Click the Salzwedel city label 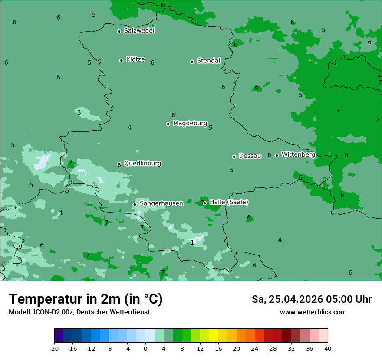coord(139,31)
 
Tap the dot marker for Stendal coord(192,62)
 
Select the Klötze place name coord(135,60)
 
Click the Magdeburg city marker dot coord(168,124)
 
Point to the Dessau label coord(250,156)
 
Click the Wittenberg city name coord(298,154)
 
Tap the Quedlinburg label coord(142,164)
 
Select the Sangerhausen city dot coord(135,204)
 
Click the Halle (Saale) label coord(229,202)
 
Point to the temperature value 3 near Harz coord(79,112)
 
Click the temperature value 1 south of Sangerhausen coord(192,242)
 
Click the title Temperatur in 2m coord(86,299)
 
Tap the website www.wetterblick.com coord(313,312)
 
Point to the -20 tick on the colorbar coord(54,348)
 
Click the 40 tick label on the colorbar coord(328,348)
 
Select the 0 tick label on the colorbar coord(145,348)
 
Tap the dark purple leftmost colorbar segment coord(59,336)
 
